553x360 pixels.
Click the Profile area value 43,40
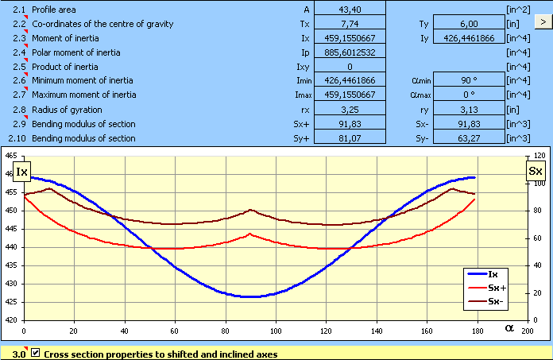point(350,9)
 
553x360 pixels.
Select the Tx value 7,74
point(350,24)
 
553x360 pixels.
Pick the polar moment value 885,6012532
point(350,52)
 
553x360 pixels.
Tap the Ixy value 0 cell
point(350,67)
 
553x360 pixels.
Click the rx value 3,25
point(350,110)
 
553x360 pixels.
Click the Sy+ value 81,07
point(350,138)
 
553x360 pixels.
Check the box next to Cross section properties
point(34,354)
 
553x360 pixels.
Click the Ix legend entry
point(493,274)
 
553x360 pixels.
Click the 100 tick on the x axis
point(276,331)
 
